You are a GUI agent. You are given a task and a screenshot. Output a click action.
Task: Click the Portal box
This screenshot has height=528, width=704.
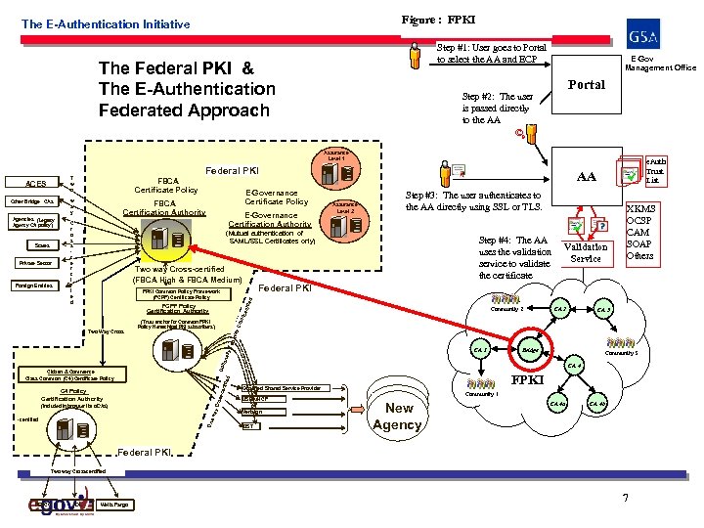589,85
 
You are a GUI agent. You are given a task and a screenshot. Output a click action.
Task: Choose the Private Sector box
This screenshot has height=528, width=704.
35,263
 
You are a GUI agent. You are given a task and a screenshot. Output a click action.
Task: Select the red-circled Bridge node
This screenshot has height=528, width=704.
530,348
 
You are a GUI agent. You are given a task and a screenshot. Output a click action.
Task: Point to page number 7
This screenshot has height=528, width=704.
623,499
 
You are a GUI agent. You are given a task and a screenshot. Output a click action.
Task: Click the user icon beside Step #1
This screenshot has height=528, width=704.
418,56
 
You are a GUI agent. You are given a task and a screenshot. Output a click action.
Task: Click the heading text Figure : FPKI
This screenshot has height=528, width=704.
436,19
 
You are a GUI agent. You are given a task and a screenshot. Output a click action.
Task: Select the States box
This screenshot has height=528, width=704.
35,244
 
